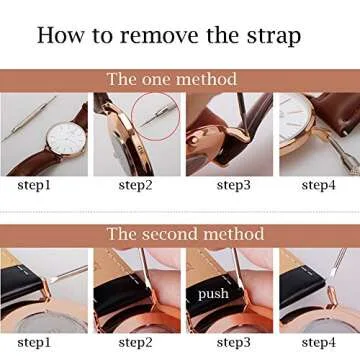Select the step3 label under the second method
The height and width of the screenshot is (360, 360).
tap(224, 343)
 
